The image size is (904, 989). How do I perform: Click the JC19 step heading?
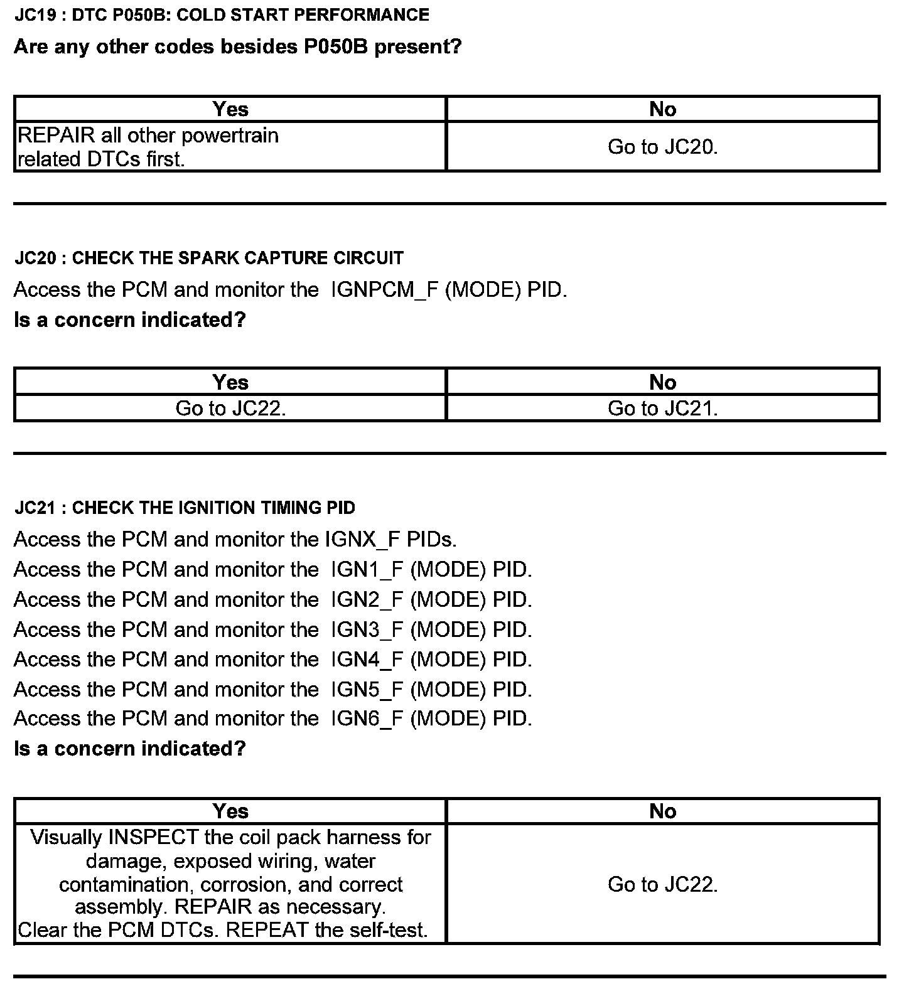[222, 15]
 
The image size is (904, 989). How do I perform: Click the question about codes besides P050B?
[237, 46]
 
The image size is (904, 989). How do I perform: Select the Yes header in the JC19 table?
[230, 109]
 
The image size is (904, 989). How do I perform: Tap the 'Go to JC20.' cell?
[662, 147]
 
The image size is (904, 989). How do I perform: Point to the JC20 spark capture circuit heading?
[209, 258]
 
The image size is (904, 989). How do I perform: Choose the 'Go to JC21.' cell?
[662, 409]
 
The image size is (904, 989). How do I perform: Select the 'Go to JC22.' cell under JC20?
[230, 409]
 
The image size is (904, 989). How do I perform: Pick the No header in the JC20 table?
[662, 382]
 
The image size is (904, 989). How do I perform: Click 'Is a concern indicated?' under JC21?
[129, 749]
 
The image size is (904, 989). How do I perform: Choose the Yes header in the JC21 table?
[230, 811]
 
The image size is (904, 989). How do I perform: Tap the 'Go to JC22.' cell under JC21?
[662, 884]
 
